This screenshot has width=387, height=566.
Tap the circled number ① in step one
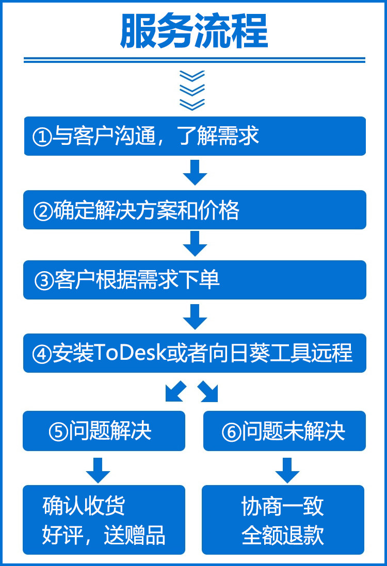[42, 137]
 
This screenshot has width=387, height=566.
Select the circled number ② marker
[43, 211]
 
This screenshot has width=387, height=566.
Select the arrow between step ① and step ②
[195, 172]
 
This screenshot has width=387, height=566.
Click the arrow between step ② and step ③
[195, 243]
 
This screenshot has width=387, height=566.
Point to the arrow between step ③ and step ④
[195, 317]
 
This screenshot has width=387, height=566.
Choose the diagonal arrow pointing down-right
[208, 392]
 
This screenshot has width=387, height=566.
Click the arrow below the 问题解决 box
[98, 469]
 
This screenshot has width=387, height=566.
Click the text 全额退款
[283, 536]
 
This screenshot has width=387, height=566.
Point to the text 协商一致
[283, 506]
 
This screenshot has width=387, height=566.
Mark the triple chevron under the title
[192, 90]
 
